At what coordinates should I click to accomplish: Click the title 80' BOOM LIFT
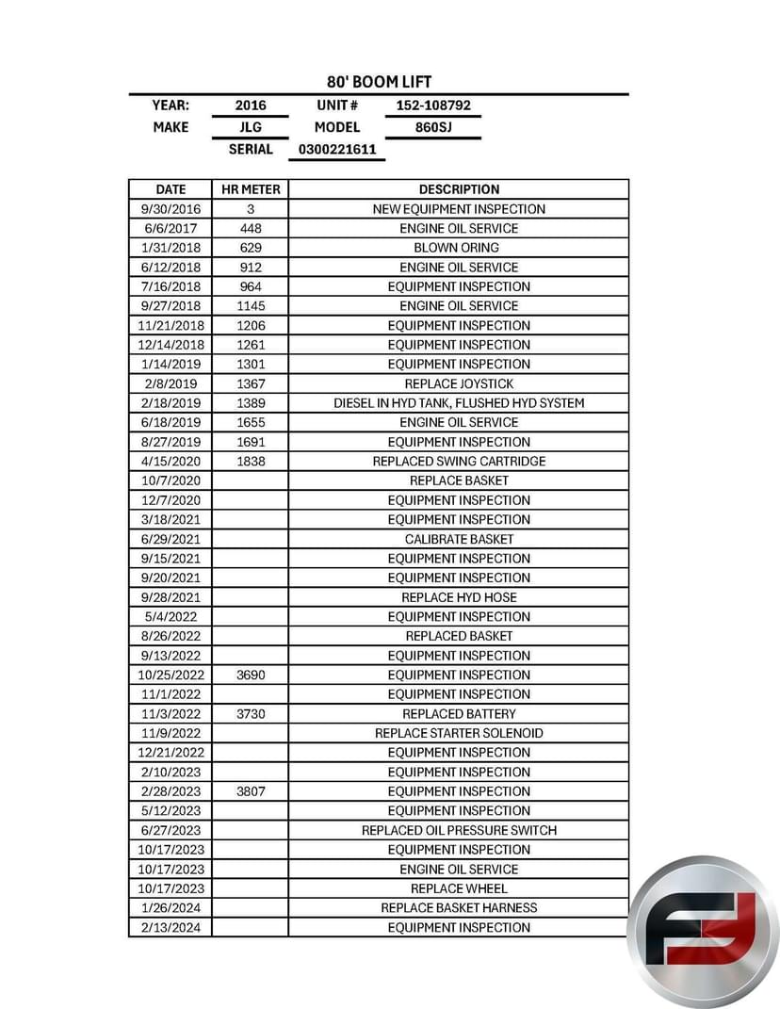pyautogui.click(x=379, y=82)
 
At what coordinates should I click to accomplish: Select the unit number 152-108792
pyautogui.click(x=432, y=106)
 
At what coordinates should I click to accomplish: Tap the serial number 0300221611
pyautogui.click(x=336, y=149)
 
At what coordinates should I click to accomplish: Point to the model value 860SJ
pyautogui.click(x=432, y=127)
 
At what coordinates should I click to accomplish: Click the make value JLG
pyautogui.click(x=251, y=127)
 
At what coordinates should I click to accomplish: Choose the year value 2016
pyautogui.click(x=251, y=106)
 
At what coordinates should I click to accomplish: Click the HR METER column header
pyautogui.click(x=251, y=189)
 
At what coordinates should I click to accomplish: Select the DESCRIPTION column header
pyautogui.click(x=459, y=189)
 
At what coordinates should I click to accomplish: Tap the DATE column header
pyautogui.click(x=171, y=189)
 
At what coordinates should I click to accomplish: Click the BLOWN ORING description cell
pyautogui.click(x=459, y=248)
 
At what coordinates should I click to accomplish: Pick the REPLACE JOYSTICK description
pyautogui.click(x=459, y=383)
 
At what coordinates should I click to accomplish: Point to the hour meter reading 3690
pyautogui.click(x=251, y=675)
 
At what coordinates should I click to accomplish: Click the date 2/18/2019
pyautogui.click(x=171, y=403)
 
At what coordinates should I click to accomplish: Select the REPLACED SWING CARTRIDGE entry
pyautogui.click(x=459, y=462)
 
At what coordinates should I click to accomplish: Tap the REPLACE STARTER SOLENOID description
pyautogui.click(x=459, y=733)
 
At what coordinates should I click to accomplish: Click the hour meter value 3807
pyautogui.click(x=251, y=791)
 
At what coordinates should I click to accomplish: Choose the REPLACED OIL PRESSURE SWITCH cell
pyautogui.click(x=459, y=830)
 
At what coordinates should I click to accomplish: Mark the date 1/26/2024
pyautogui.click(x=171, y=908)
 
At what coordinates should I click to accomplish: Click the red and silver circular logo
pyautogui.click(x=704, y=931)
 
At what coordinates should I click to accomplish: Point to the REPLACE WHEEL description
pyautogui.click(x=459, y=888)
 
